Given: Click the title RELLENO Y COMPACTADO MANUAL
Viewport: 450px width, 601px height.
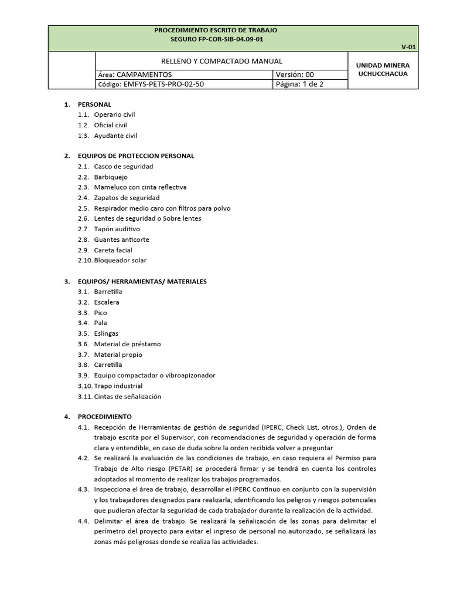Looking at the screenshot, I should (221, 61).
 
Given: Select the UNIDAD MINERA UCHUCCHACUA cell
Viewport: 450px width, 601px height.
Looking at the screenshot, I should (383, 69).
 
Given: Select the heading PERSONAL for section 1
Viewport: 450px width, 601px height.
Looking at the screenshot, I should (94, 104).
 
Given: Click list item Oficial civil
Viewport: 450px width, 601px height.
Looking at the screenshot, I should (110, 125).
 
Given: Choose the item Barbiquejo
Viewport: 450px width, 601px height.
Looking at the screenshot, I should (111, 177).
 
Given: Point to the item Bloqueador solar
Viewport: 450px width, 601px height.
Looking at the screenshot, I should (120, 260).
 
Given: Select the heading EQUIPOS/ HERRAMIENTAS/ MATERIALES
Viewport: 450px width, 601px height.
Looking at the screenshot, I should (142, 281).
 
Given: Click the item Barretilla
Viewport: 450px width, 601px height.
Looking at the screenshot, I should (108, 292).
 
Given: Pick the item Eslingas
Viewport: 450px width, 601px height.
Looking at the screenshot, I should (106, 333).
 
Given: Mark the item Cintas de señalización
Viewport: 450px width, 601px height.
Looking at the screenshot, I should (127, 396).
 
